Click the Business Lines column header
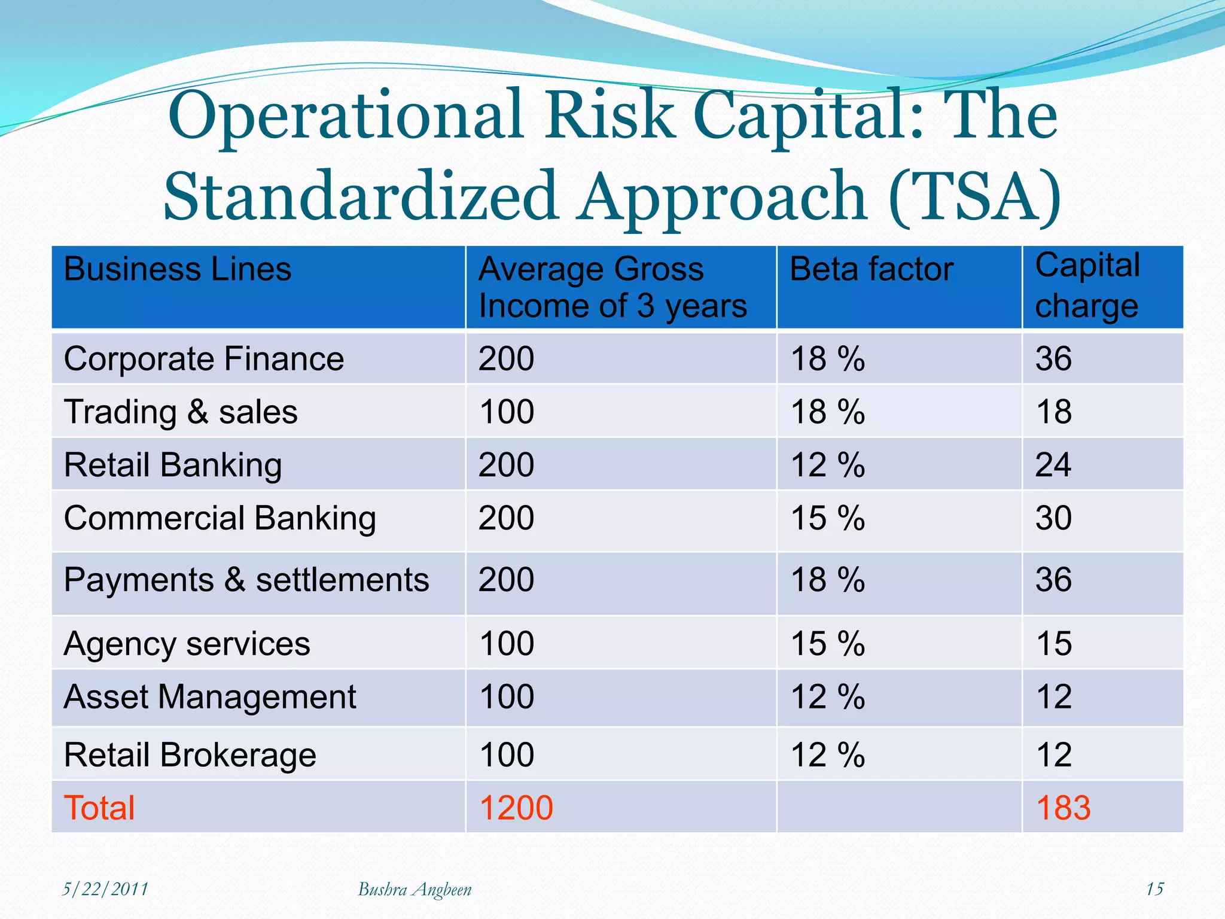pos(178,269)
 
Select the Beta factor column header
pos(871,269)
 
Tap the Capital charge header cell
pos(1087,285)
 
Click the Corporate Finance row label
pos(204,359)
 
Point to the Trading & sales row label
pos(181,412)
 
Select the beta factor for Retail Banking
pos(827,465)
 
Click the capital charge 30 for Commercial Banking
pos(1053,518)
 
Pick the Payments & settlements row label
pos(246,580)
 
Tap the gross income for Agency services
pos(506,644)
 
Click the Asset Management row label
pos(210,697)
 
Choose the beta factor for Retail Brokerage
pos(827,755)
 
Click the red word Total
pos(99,808)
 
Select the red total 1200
pos(516,808)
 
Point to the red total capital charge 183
pos(1063,808)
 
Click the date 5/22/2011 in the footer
pos(105,889)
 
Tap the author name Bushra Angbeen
pos(415,890)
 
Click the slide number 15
pos(1154,889)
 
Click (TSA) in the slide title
pos(975,196)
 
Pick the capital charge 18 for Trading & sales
pos(1053,412)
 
